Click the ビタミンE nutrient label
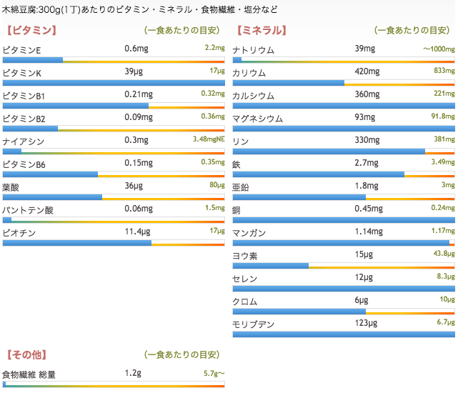[x=22, y=49]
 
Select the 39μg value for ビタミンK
[x=134, y=72]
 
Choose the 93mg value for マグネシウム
[x=364, y=118]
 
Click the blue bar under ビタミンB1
[x=75, y=106]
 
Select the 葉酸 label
[x=12, y=186]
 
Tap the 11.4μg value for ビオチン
[x=137, y=232]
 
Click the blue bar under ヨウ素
[x=270, y=266]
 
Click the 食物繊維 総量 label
[x=29, y=374]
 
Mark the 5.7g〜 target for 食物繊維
[x=214, y=374]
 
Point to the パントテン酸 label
[x=28, y=209]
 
